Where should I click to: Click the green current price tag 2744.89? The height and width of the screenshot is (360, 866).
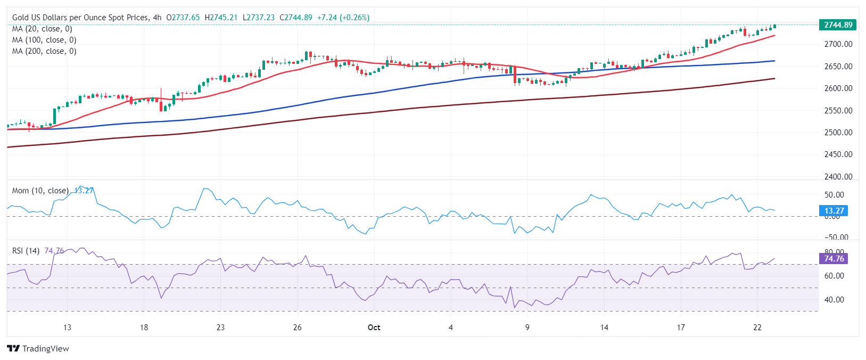[838, 25]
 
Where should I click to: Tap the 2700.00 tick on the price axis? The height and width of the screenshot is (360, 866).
[838, 44]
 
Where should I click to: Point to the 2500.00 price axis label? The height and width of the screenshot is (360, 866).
[838, 133]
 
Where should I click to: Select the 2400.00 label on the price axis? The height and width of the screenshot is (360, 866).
[838, 177]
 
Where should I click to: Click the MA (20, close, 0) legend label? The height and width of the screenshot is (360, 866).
[42, 29]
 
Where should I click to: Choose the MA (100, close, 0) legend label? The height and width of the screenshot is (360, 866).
[44, 40]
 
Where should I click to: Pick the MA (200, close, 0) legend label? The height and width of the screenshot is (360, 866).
[44, 51]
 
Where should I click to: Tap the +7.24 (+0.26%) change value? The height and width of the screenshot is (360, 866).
[343, 18]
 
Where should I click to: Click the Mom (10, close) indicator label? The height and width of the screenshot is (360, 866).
[40, 191]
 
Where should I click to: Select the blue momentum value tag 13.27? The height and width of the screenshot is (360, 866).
[834, 211]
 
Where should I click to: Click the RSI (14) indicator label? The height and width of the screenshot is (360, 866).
[26, 251]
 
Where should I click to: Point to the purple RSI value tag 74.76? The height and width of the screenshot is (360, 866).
[834, 259]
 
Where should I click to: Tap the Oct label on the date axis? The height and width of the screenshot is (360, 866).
[374, 328]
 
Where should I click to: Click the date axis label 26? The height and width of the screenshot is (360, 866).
[298, 328]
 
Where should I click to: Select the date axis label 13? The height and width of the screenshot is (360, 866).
[67, 328]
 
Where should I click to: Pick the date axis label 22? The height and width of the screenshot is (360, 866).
[757, 328]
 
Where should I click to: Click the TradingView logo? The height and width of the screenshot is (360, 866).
[38, 349]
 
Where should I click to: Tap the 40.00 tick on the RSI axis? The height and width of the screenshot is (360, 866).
[834, 300]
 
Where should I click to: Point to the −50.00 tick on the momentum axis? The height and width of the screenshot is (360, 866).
[836, 238]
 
